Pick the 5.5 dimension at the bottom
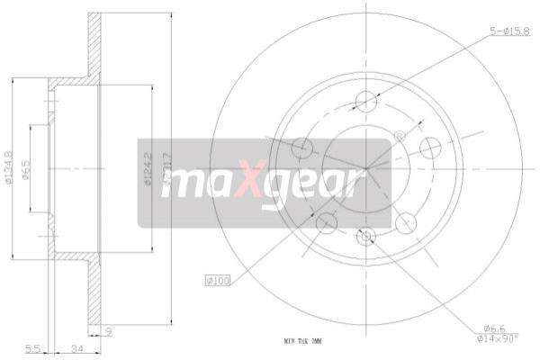[31, 347]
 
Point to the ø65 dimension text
[28, 169]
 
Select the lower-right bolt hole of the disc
[405, 221]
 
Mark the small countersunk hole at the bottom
[365, 237]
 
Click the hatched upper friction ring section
[94, 45]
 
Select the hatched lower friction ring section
[94, 292]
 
